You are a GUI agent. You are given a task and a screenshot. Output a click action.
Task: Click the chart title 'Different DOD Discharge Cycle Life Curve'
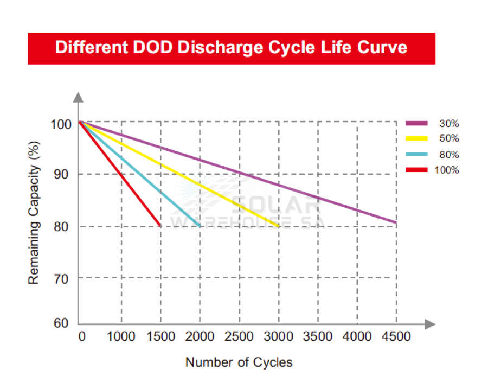(232, 48)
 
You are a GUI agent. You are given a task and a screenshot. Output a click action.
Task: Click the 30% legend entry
(433, 124)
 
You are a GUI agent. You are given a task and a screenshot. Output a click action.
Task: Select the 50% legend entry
(433, 139)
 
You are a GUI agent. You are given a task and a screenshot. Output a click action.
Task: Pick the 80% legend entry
(433, 155)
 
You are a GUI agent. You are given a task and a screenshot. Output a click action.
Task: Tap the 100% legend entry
(433, 170)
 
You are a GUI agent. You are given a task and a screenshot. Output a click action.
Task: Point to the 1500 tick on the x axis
(160, 336)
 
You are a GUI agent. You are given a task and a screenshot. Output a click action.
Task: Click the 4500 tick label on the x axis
(396, 336)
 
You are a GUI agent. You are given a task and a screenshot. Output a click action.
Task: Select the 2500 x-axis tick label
(239, 336)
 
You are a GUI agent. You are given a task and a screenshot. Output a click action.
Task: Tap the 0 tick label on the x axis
(82, 336)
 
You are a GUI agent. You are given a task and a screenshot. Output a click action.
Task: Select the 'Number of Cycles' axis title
(239, 362)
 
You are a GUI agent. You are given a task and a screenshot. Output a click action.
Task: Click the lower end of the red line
(160, 226)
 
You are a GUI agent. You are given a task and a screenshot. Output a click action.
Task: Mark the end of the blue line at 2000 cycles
(200, 226)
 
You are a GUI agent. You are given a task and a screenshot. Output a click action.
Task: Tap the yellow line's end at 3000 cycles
(278, 226)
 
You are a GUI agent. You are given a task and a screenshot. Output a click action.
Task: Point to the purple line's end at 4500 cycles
(396, 222)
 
